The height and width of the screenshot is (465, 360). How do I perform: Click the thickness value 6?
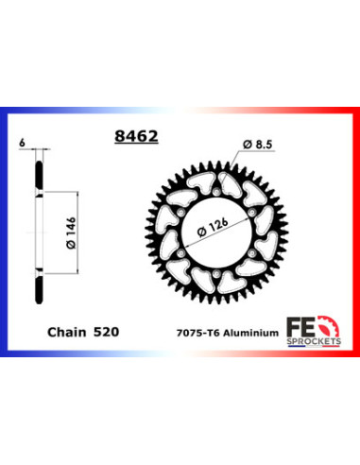pos(21,143)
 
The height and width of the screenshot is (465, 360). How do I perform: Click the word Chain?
pos(65,332)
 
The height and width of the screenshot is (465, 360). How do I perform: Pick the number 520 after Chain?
pos(106,332)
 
